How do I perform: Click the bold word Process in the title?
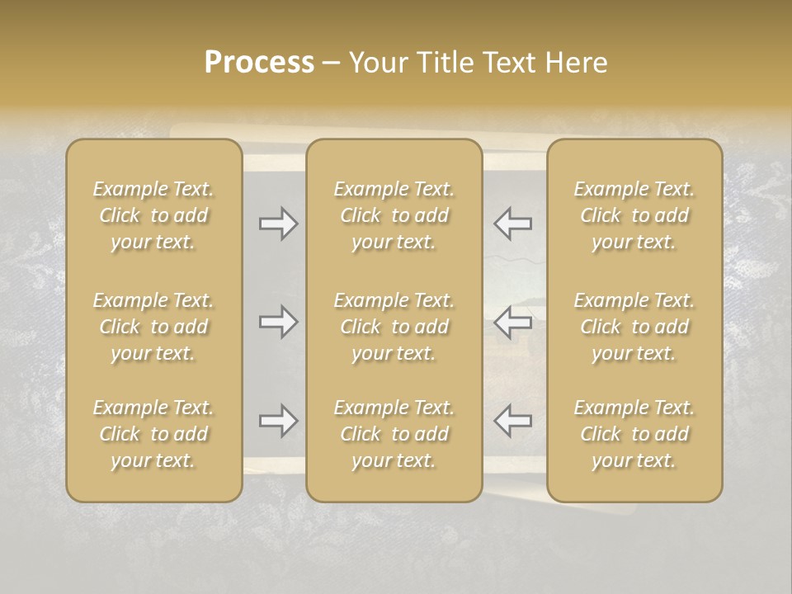[x=259, y=63]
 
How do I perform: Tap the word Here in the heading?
[x=577, y=63]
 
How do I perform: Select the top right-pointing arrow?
[x=278, y=223]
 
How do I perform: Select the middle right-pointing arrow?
[x=278, y=322]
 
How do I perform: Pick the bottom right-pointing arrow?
[x=278, y=421]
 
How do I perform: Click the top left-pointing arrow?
[x=512, y=223]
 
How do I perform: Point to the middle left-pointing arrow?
[x=512, y=322]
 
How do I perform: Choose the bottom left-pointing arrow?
[x=512, y=421]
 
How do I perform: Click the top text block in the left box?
[x=153, y=215]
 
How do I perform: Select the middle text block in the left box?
[x=153, y=327]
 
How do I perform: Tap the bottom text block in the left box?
[x=153, y=434]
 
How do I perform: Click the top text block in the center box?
[x=394, y=215]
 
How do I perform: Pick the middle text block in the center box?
[x=394, y=327]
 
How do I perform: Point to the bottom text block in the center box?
[x=394, y=434]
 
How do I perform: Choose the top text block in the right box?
[x=634, y=215]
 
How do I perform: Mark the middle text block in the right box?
[x=634, y=327]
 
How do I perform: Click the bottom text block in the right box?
[x=634, y=434]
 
